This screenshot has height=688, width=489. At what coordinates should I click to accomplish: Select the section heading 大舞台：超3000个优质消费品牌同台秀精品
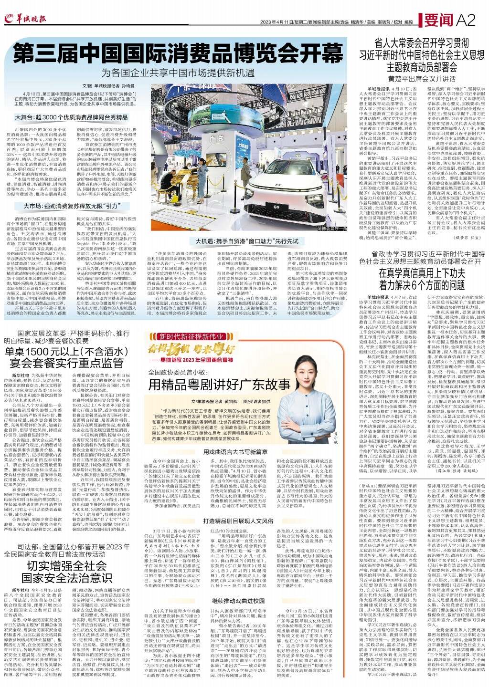[71, 116]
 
